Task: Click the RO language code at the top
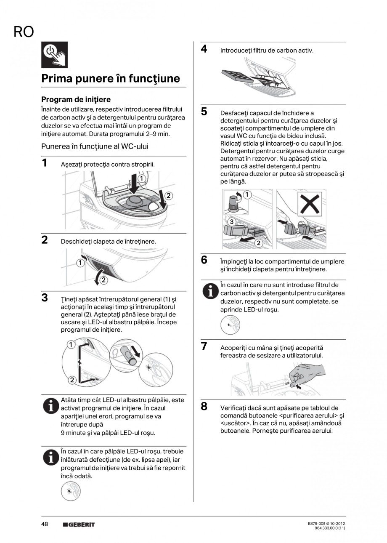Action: [24, 32]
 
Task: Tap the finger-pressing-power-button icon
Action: [54, 55]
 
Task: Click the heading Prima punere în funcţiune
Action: [110, 79]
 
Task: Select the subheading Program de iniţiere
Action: [76, 100]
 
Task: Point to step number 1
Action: [44, 163]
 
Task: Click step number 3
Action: [44, 298]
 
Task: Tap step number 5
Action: [204, 112]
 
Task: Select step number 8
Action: [204, 407]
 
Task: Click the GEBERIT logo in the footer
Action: [79, 524]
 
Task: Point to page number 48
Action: [45, 524]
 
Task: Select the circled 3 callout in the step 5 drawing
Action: [231, 221]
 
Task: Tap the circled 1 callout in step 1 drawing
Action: [142, 179]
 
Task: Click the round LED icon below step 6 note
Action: [230, 325]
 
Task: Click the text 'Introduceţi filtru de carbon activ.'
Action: [267, 51]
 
